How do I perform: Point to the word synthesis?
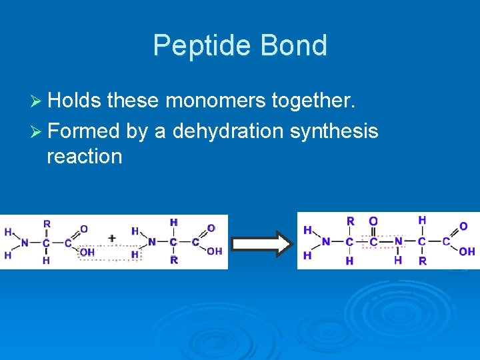tap(333, 131)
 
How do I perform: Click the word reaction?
tap(84, 157)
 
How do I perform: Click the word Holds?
tap(74, 101)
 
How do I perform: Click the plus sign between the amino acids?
tap(112, 238)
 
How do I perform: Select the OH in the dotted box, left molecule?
tap(87, 252)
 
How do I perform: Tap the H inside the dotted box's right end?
tap(135, 255)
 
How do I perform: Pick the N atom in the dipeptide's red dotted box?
tap(397, 241)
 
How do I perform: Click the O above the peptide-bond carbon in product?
tap(373, 221)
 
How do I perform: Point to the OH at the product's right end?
tap(467, 251)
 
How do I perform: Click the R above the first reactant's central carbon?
tap(47, 224)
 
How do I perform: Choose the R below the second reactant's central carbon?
tap(173, 259)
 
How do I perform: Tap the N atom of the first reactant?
tap(25, 243)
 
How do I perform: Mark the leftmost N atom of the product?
tap(326, 241)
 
